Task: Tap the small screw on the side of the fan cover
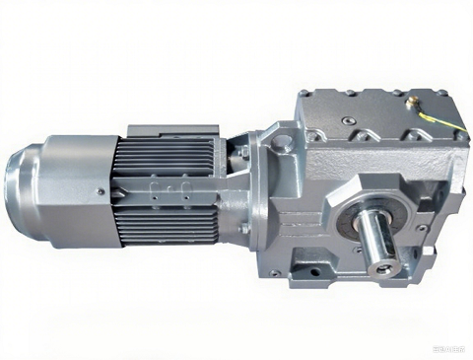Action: [x=100, y=191]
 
